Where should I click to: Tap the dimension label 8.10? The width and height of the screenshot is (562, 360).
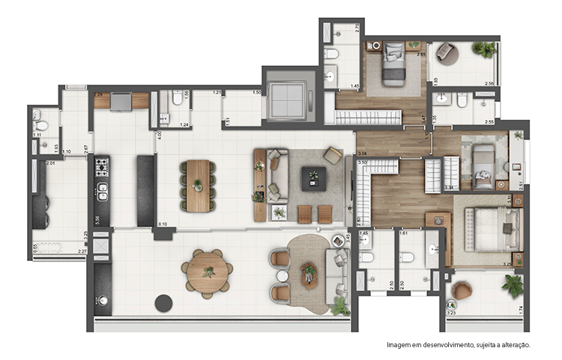coord(163,224)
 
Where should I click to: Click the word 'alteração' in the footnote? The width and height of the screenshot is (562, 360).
coord(512,345)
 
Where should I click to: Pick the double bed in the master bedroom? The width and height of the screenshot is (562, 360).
coord(491,229)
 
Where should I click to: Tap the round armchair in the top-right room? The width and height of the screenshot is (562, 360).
coord(447,52)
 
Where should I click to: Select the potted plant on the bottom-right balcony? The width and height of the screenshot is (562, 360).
coord(513,285)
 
